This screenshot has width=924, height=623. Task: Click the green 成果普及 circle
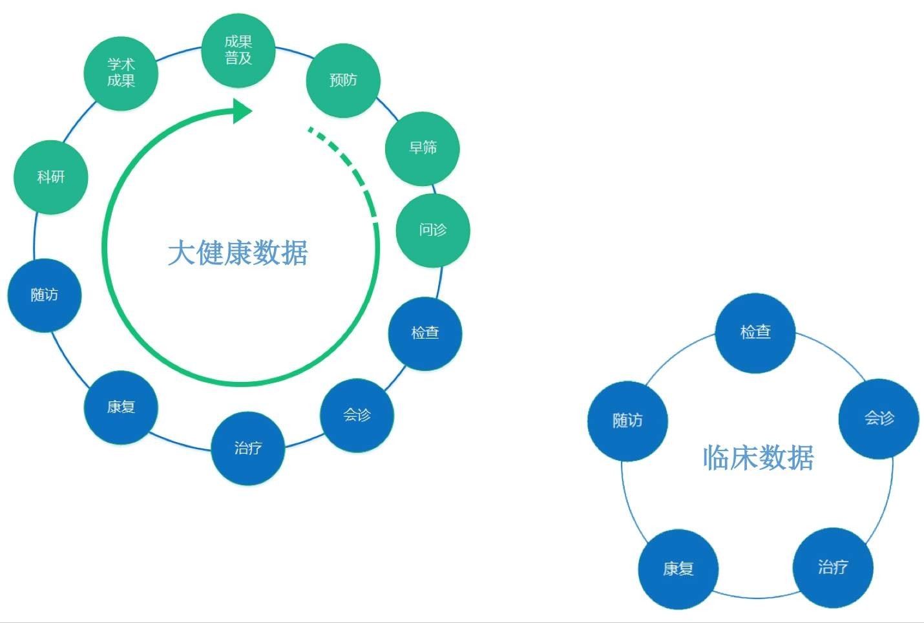tap(238, 50)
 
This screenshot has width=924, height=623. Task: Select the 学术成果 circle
tap(121, 72)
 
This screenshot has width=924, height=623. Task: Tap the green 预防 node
tap(342, 80)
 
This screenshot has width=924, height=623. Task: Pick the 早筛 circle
tap(423, 148)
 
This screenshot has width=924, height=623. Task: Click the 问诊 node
tap(432, 230)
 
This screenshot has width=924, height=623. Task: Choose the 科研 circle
tap(50, 177)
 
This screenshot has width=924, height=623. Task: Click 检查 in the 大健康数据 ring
tap(425, 333)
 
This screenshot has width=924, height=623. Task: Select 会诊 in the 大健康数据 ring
tap(357, 415)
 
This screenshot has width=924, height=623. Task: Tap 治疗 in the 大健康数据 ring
tap(247, 448)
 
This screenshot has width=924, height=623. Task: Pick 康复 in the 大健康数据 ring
tap(121, 407)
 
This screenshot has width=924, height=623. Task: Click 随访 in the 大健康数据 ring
tap(44, 295)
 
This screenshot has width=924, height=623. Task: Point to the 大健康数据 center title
tap(238, 253)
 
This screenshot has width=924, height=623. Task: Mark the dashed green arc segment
tap(349, 165)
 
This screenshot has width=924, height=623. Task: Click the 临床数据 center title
tap(758, 458)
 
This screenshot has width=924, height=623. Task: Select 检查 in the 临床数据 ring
tap(755, 332)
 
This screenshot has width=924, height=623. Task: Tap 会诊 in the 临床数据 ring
tap(879, 419)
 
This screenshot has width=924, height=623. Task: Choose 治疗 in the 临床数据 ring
tap(833, 567)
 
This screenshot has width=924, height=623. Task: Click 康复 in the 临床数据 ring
tap(678, 569)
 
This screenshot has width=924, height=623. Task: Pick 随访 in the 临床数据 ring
tap(627, 421)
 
